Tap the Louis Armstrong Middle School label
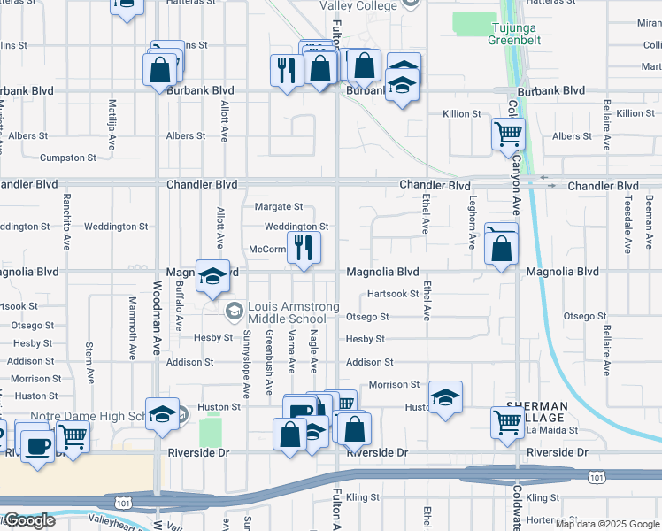pyautogui.click(x=288, y=312)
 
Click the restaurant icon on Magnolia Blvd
pyautogui.click(x=304, y=250)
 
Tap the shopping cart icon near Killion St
pyautogui.click(x=508, y=135)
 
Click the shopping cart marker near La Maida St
pyautogui.click(x=507, y=422)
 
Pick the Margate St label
pyautogui.click(x=279, y=207)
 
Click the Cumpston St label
pyautogui.click(x=68, y=158)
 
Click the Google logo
pyautogui.click(x=28, y=520)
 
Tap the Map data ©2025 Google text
pyautogui.click(x=606, y=524)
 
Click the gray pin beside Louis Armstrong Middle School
pyautogui.click(x=235, y=310)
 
